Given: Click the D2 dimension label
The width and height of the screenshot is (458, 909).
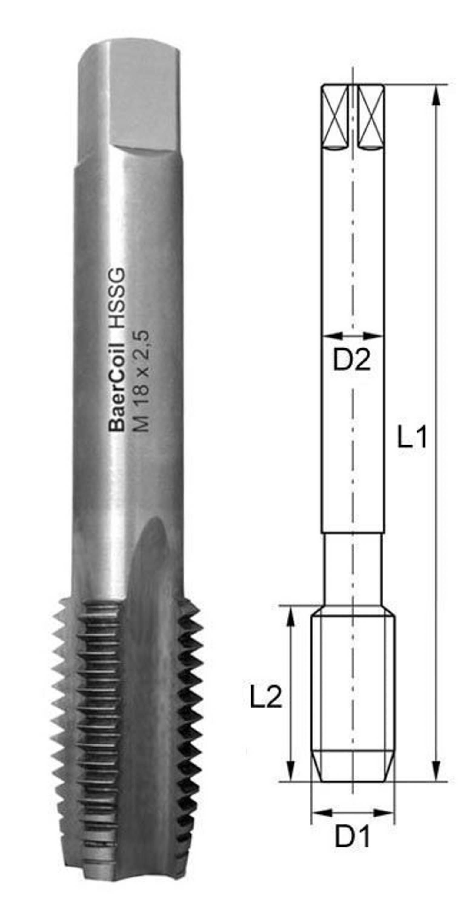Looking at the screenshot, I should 351,360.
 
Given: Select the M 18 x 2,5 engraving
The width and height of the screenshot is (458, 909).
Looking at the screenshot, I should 141,381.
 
